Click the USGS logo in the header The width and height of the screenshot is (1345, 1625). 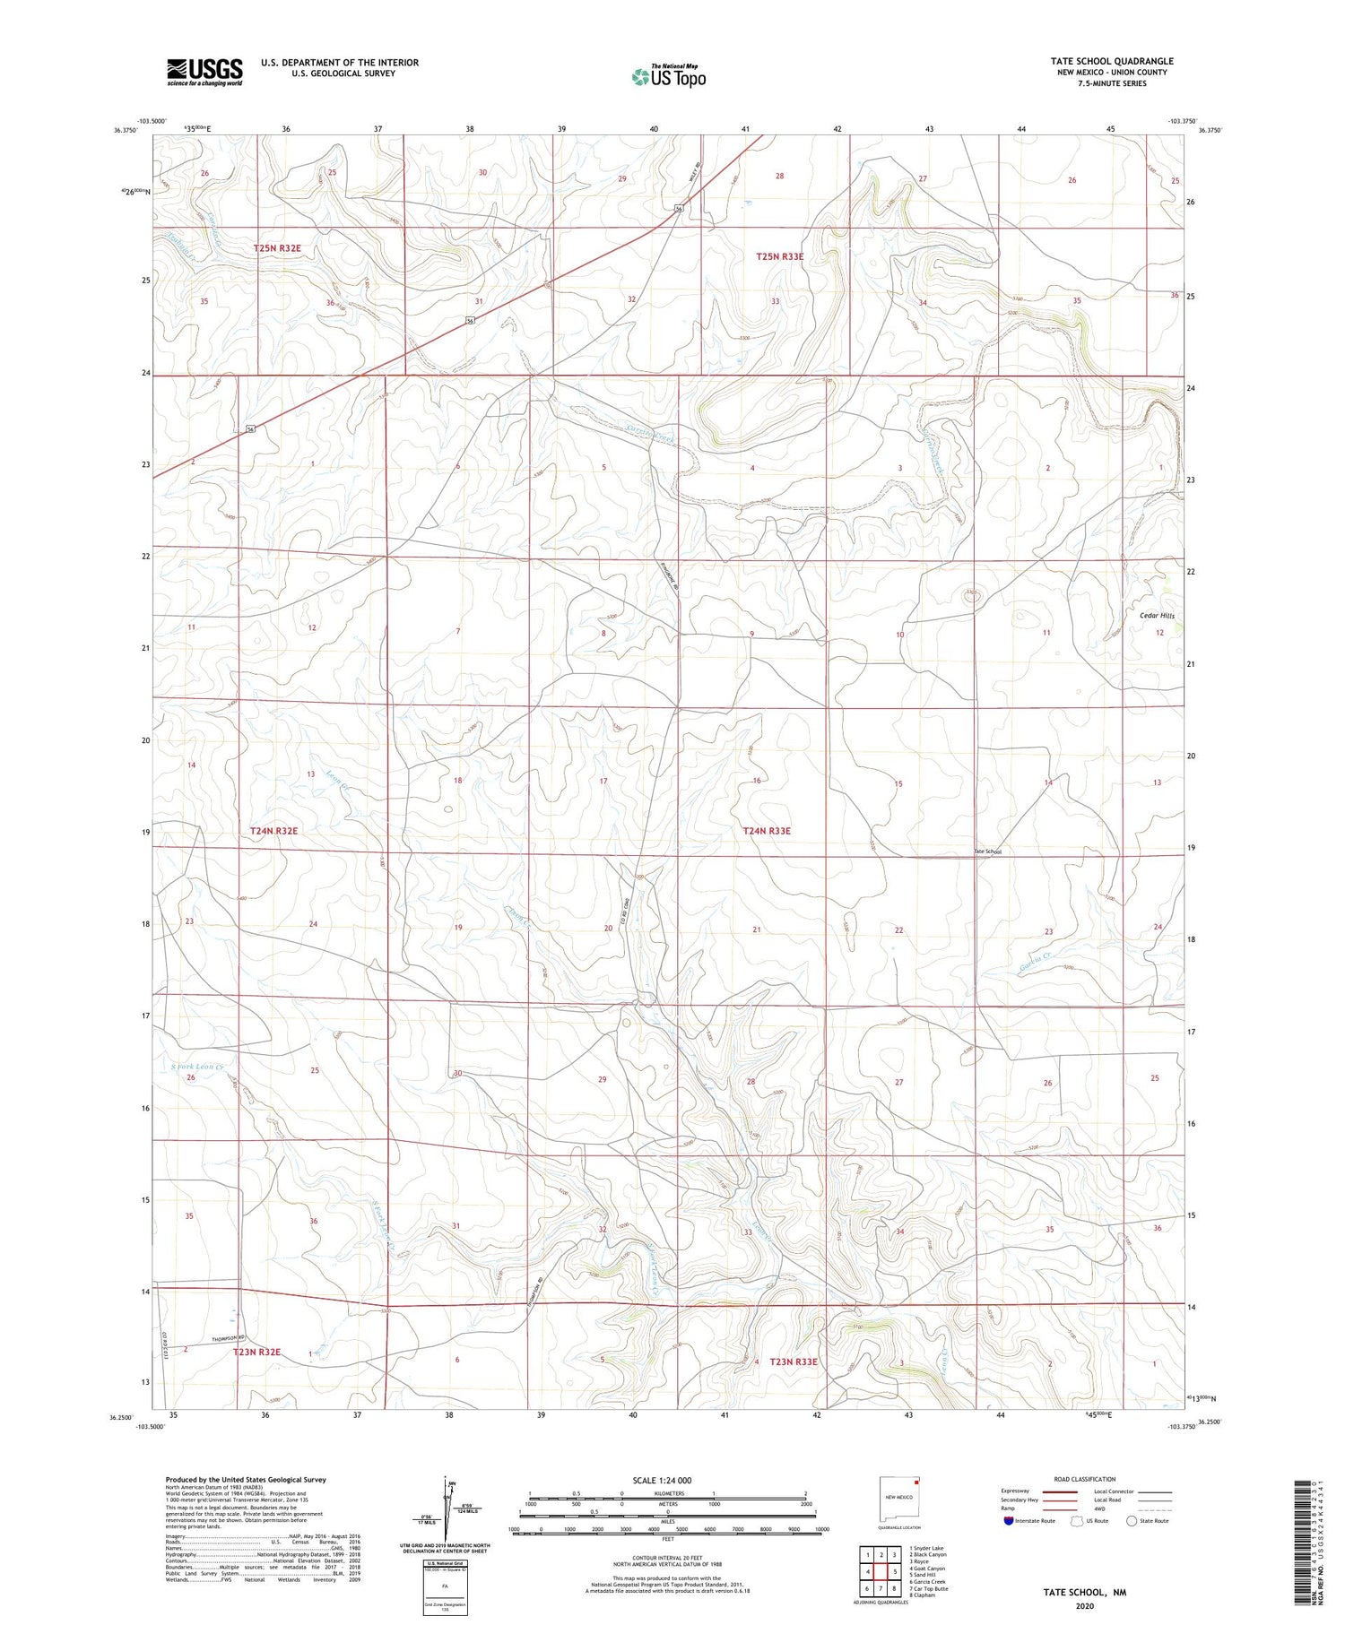pos(204,72)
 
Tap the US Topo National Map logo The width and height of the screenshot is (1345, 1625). pos(668,77)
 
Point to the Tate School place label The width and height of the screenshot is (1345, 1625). pos(987,851)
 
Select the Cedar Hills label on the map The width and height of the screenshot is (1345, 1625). pos(1157,616)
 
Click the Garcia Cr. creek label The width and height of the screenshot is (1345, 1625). pos(1035,968)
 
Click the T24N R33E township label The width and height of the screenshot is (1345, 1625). pos(767,831)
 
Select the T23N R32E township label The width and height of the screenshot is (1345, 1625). pos(257,1351)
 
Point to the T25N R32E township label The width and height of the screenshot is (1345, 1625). pos(277,247)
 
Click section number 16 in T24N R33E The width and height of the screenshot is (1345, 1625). pos(757,781)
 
